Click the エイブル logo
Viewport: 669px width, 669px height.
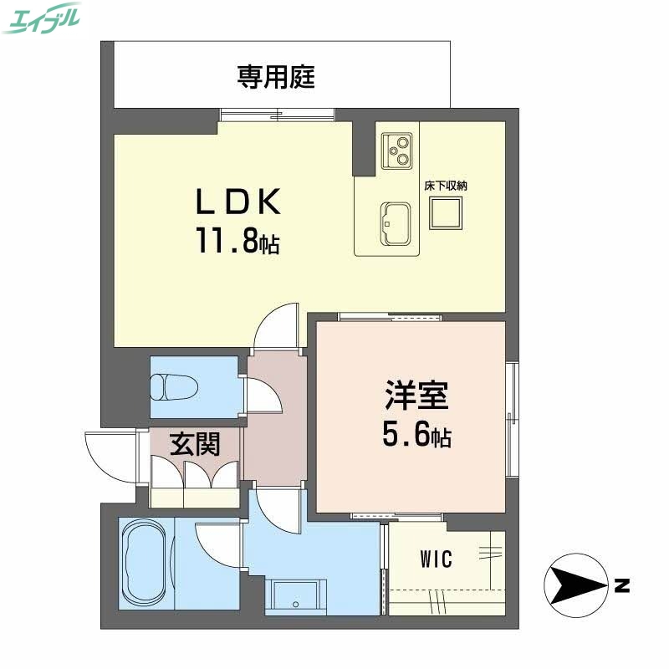(x=42, y=18)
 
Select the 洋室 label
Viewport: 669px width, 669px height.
(x=416, y=395)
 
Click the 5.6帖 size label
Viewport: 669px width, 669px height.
(x=416, y=434)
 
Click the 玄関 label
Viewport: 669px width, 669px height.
(x=196, y=444)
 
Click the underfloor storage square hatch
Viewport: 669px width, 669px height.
(x=445, y=216)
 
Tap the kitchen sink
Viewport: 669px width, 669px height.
(x=396, y=223)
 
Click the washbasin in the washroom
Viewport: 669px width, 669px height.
(x=296, y=596)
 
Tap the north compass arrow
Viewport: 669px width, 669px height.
(x=577, y=585)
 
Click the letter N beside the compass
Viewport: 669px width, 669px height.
(x=620, y=585)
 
